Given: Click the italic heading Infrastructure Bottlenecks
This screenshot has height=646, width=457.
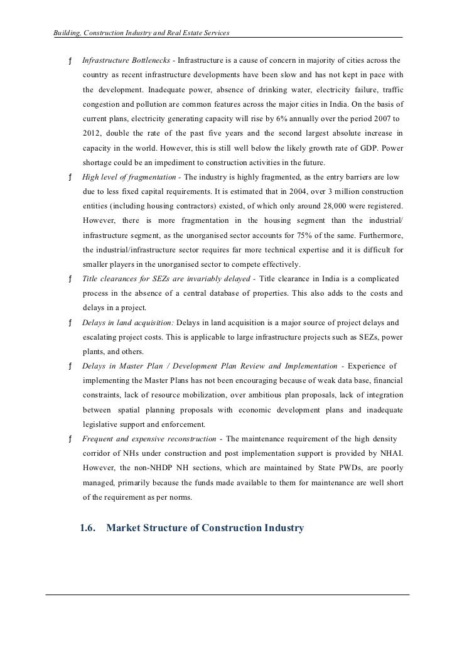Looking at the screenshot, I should [129, 61].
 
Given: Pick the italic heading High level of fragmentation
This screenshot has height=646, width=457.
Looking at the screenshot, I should [127, 177].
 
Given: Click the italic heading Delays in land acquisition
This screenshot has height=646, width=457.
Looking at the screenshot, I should [128, 323].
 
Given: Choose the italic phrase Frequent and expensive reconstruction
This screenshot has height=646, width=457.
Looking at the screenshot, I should [149, 439].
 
